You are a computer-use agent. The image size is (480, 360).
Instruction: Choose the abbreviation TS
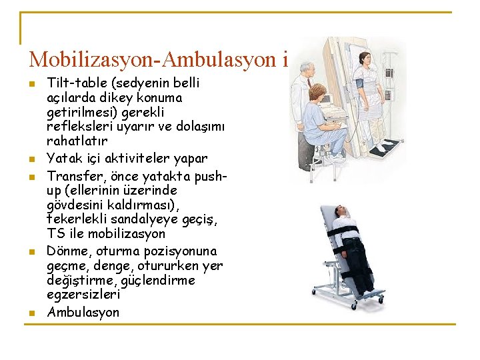(55, 234)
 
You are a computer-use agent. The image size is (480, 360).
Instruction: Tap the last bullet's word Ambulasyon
(83, 312)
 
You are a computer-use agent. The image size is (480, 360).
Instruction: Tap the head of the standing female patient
(365, 57)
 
